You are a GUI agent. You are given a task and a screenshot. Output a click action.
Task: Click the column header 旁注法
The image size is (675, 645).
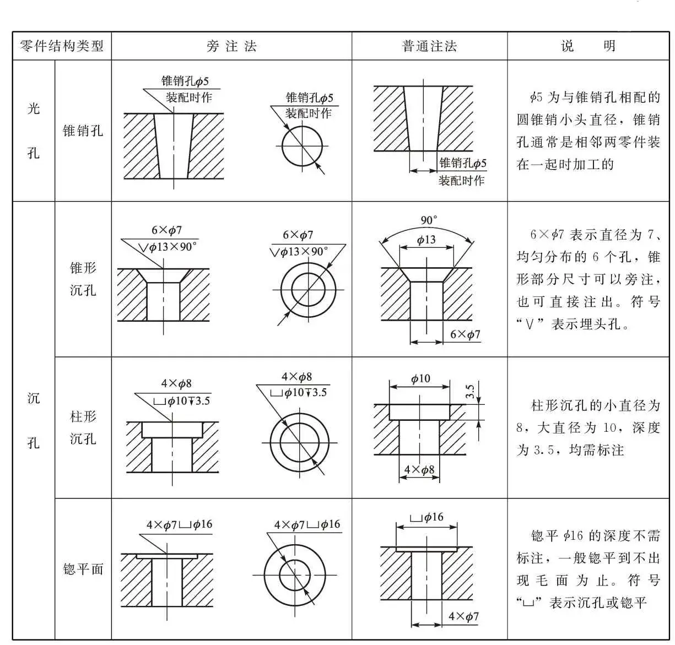click(x=231, y=46)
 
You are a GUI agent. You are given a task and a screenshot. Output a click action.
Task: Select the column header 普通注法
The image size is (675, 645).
click(x=429, y=46)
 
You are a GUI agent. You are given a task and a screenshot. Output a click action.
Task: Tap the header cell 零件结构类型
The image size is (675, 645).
click(x=62, y=46)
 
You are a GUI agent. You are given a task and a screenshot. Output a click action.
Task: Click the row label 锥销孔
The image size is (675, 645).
click(x=83, y=131)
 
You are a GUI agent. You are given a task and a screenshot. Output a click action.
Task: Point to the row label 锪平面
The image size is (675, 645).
click(x=83, y=569)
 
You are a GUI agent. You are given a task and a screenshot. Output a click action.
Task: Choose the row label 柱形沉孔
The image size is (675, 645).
click(x=83, y=427)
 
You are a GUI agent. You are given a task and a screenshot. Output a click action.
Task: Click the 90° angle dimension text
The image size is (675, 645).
click(x=429, y=220)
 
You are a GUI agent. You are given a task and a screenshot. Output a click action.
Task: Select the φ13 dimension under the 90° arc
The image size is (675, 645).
click(x=426, y=240)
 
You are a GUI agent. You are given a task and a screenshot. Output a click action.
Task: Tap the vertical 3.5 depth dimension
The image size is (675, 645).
click(x=470, y=392)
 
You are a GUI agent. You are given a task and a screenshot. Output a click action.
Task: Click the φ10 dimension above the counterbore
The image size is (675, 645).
click(x=420, y=378)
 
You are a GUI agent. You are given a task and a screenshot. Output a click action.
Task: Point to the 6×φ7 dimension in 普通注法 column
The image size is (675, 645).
click(x=465, y=334)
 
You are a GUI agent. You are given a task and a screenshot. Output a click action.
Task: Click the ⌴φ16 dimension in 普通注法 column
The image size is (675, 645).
click(x=426, y=517)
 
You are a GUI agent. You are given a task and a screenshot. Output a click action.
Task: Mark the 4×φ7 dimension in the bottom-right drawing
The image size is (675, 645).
click(x=463, y=616)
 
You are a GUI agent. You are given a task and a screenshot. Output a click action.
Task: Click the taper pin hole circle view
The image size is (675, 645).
click(x=302, y=147)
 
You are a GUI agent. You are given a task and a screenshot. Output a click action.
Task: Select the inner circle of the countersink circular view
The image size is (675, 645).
click(x=308, y=290)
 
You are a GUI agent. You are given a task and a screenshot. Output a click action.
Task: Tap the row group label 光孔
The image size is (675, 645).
click(x=34, y=131)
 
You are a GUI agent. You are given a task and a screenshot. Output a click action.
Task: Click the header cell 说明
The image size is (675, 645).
click(x=588, y=46)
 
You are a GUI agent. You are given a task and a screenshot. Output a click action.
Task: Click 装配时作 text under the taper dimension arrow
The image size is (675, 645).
click(x=461, y=180)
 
